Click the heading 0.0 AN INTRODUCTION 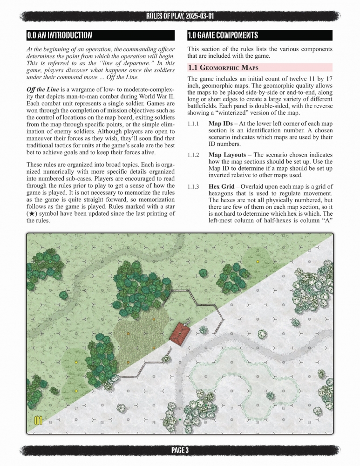[x=59, y=35]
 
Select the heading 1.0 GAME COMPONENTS [x=223, y=35]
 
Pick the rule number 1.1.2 [x=194, y=155]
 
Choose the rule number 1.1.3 [x=194, y=186]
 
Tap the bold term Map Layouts [x=230, y=155]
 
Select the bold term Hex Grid [x=223, y=186]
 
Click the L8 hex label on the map [x=309, y=423]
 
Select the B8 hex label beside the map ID [x=50, y=422]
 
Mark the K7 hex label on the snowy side [x=283, y=409]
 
